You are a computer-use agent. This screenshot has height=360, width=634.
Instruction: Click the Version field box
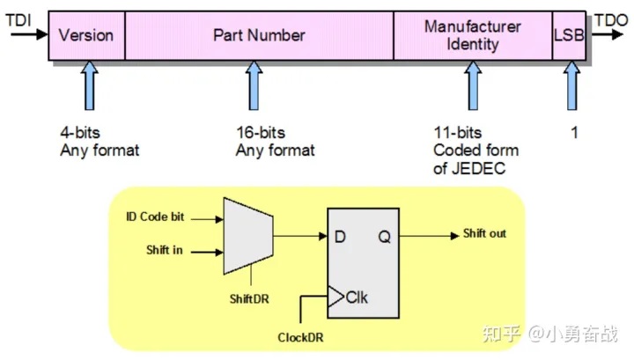tap(85, 36)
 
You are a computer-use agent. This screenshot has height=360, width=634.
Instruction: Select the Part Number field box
tap(259, 36)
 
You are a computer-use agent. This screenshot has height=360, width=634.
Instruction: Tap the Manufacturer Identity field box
tap(473, 36)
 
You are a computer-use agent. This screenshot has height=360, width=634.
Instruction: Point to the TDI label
tap(18, 18)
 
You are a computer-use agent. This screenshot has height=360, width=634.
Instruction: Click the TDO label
tap(611, 18)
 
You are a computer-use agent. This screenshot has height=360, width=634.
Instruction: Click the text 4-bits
tap(80, 133)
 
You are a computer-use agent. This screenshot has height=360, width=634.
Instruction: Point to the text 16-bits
tap(261, 133)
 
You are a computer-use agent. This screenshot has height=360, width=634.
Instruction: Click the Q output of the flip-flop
tap(385, 235)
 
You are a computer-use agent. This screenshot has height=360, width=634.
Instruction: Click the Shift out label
tap(484, 234)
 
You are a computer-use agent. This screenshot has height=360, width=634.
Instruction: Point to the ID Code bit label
tap(156, 217)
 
